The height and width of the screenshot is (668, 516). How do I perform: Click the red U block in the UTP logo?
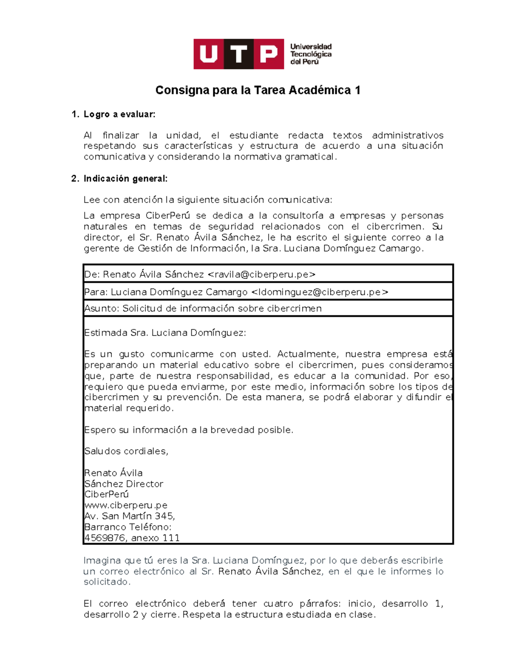point(208,54)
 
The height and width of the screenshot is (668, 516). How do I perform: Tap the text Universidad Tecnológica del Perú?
point(310,54)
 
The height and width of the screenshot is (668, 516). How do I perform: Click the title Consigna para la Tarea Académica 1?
point(258,90)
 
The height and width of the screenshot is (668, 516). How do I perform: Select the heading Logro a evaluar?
point(119,114)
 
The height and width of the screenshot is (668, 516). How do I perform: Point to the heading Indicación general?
point(125,179)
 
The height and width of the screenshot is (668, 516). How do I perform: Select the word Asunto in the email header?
point(101,309)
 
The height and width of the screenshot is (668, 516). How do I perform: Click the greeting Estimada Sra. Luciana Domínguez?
point(165,333)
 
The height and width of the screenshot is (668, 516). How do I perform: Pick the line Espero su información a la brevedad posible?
point(188,430)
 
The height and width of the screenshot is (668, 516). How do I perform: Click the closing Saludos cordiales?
point(126,451)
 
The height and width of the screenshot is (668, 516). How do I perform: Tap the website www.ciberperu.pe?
point(126,505)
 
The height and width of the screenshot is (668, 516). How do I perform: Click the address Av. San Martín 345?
point(129,516)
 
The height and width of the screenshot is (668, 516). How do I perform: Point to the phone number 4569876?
point(105,538)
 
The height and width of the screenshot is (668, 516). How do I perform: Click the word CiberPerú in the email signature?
point(107,495)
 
